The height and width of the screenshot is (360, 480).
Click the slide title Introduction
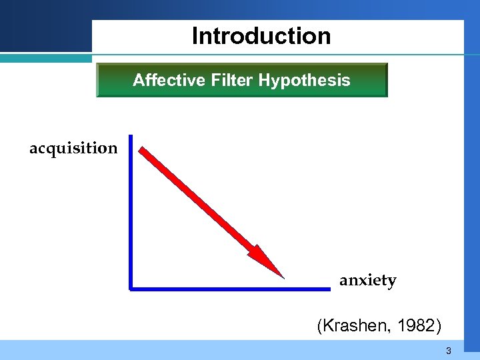coord(261,36)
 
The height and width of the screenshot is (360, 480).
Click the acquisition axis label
coord(73,148)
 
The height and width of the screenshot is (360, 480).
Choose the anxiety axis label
coord(368,281)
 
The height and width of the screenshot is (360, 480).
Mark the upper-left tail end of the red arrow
coord(143,151)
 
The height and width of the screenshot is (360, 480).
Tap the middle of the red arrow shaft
coord(200,203)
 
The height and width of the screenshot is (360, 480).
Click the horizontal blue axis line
coord(230,289)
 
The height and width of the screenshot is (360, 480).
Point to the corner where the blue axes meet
coord(132,289)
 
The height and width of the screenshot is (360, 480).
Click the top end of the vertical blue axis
coord(131,137)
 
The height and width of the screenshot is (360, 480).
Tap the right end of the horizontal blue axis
coord(329,289)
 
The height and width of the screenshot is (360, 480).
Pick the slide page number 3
coord(449,351)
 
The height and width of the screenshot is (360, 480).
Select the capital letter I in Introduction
coord(195,36)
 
